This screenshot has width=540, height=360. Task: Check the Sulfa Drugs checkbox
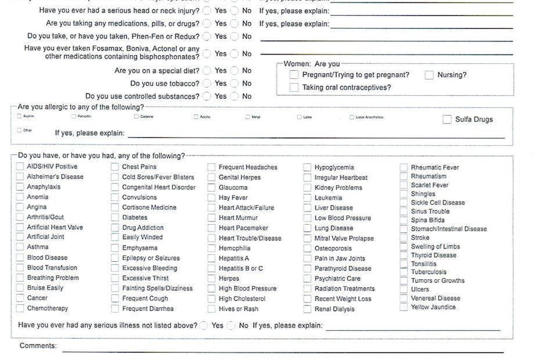[447, 120]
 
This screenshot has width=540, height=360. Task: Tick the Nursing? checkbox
[429, 75]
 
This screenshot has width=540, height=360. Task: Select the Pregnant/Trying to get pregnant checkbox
[294, 75]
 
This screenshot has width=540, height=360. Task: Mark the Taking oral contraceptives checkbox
[294, 88]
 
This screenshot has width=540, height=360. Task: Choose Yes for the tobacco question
[207, 84]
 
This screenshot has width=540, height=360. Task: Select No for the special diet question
[234, 71]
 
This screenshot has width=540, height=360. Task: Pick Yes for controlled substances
[207, 96]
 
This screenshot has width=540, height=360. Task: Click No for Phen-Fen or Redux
[234, 37]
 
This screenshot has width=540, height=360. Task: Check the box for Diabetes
[115, 218]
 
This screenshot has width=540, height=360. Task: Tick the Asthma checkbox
[21, 247]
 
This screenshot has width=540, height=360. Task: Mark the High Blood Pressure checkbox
[211, 289]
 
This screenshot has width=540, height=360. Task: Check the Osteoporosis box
[307, 249]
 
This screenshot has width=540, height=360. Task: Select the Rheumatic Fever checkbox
[404, 168]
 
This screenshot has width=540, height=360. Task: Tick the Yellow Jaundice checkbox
[404, 307]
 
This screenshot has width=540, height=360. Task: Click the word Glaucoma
[233, 188]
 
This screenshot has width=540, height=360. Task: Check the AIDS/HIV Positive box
[21, 167]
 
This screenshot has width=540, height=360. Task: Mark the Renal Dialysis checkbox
[307, 309]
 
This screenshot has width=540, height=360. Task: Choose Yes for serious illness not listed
[204, 326]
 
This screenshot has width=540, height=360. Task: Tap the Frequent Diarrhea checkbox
[115, 309]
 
